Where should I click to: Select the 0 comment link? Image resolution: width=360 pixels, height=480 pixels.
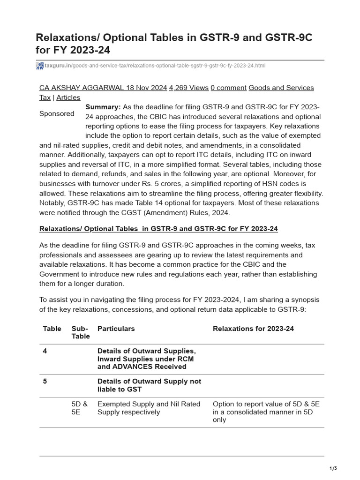(x=228, y=88)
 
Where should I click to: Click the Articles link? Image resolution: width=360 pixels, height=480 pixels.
(x=68, y=97)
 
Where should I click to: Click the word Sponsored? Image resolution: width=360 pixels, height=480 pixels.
(x=57, y=113)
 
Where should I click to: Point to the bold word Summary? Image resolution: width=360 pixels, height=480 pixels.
(x=103, y=107)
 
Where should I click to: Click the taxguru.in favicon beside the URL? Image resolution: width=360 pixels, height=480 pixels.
(x=40, y=66)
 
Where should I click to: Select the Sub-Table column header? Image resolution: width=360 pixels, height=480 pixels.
(x=80, y=332)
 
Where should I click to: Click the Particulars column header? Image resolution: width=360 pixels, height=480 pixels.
(x=116, y=329)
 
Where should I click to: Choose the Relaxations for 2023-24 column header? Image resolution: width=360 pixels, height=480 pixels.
(x=253, y=329)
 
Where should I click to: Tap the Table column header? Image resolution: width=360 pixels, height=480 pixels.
(x=52, y=329)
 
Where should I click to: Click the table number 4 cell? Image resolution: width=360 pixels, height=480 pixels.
(x=45, y=351)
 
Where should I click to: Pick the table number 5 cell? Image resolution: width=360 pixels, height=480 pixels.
(x=45, y=382)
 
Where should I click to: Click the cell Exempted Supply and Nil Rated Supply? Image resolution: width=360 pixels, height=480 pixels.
(x=149, y=408)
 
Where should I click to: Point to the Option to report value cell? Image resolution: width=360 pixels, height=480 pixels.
(x=266, y=412)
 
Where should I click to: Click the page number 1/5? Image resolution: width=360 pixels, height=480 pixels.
(x=333, y=468)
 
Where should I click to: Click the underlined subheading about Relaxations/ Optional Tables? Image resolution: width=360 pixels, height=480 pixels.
(x=158, y=228)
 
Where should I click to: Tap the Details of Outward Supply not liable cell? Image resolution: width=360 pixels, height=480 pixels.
(x=149, y=385)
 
